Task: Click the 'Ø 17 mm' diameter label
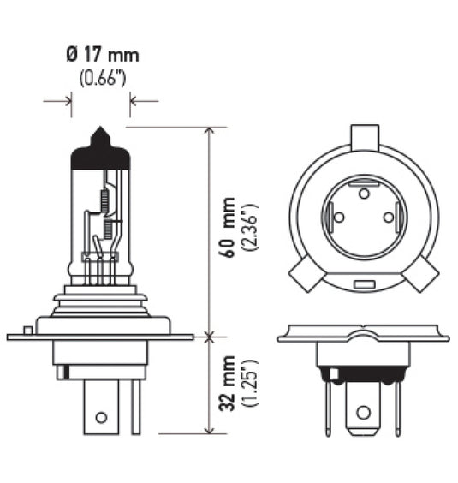[x=101, y=56]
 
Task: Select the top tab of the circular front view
[x=364, y=135]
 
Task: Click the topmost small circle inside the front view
[x=364, y=194]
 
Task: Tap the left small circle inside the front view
[x=340, y=218]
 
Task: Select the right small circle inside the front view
[x=388, y=218]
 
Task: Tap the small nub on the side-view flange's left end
[x=28, y=330]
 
